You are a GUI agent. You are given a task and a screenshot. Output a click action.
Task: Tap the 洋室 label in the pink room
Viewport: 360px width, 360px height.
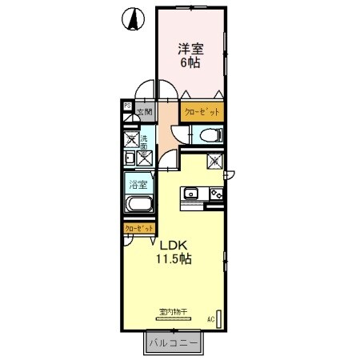click(190, 49)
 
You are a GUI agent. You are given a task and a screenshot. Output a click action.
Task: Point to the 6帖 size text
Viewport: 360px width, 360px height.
click(190, 63)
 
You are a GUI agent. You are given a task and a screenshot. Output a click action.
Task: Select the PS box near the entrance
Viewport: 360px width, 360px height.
click(126, 105)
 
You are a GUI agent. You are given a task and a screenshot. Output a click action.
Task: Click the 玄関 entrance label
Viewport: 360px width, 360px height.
click(143, 113)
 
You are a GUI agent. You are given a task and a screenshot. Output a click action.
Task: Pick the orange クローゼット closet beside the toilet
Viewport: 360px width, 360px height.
click(202, 112)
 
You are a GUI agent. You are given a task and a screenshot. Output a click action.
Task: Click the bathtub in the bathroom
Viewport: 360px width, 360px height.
click(138, 205)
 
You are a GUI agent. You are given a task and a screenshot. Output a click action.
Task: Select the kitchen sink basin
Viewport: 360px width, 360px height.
click(191, 193)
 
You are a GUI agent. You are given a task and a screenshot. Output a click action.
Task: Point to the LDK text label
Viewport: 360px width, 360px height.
click(178, 245)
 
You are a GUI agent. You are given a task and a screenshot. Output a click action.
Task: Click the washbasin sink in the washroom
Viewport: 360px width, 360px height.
click(130, 157)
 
